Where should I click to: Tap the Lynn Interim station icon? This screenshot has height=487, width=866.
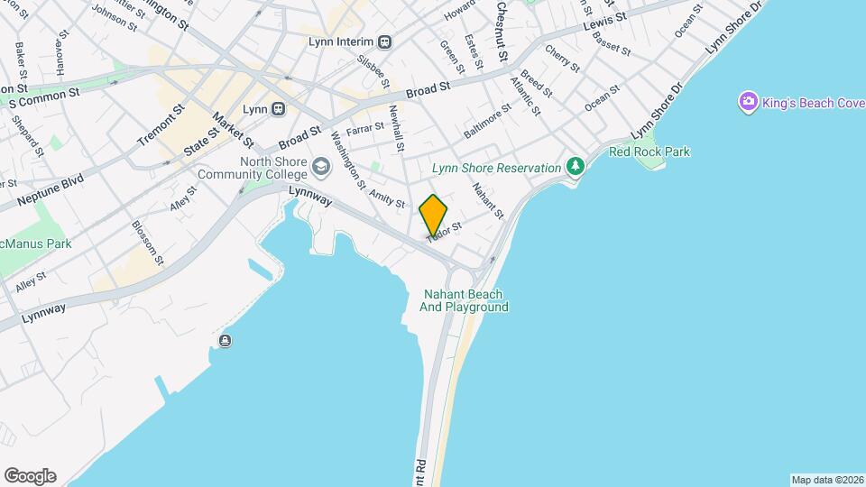tap(385, 41)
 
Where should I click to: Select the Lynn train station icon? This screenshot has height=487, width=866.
tap(279, 109)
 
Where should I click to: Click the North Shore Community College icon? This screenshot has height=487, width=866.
tap(321, 167)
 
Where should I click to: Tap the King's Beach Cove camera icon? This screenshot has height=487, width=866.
tap(748, 101)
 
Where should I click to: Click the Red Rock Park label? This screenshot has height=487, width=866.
tap(649, 152)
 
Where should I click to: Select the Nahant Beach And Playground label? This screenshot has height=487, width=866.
tap(464, 300)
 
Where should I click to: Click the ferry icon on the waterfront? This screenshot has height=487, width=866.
tap(224, 341)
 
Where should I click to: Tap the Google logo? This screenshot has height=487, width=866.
tap(30, 476)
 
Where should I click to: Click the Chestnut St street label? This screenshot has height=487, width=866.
tap(502, 32)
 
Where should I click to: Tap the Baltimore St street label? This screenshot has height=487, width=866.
tap(487, 119)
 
